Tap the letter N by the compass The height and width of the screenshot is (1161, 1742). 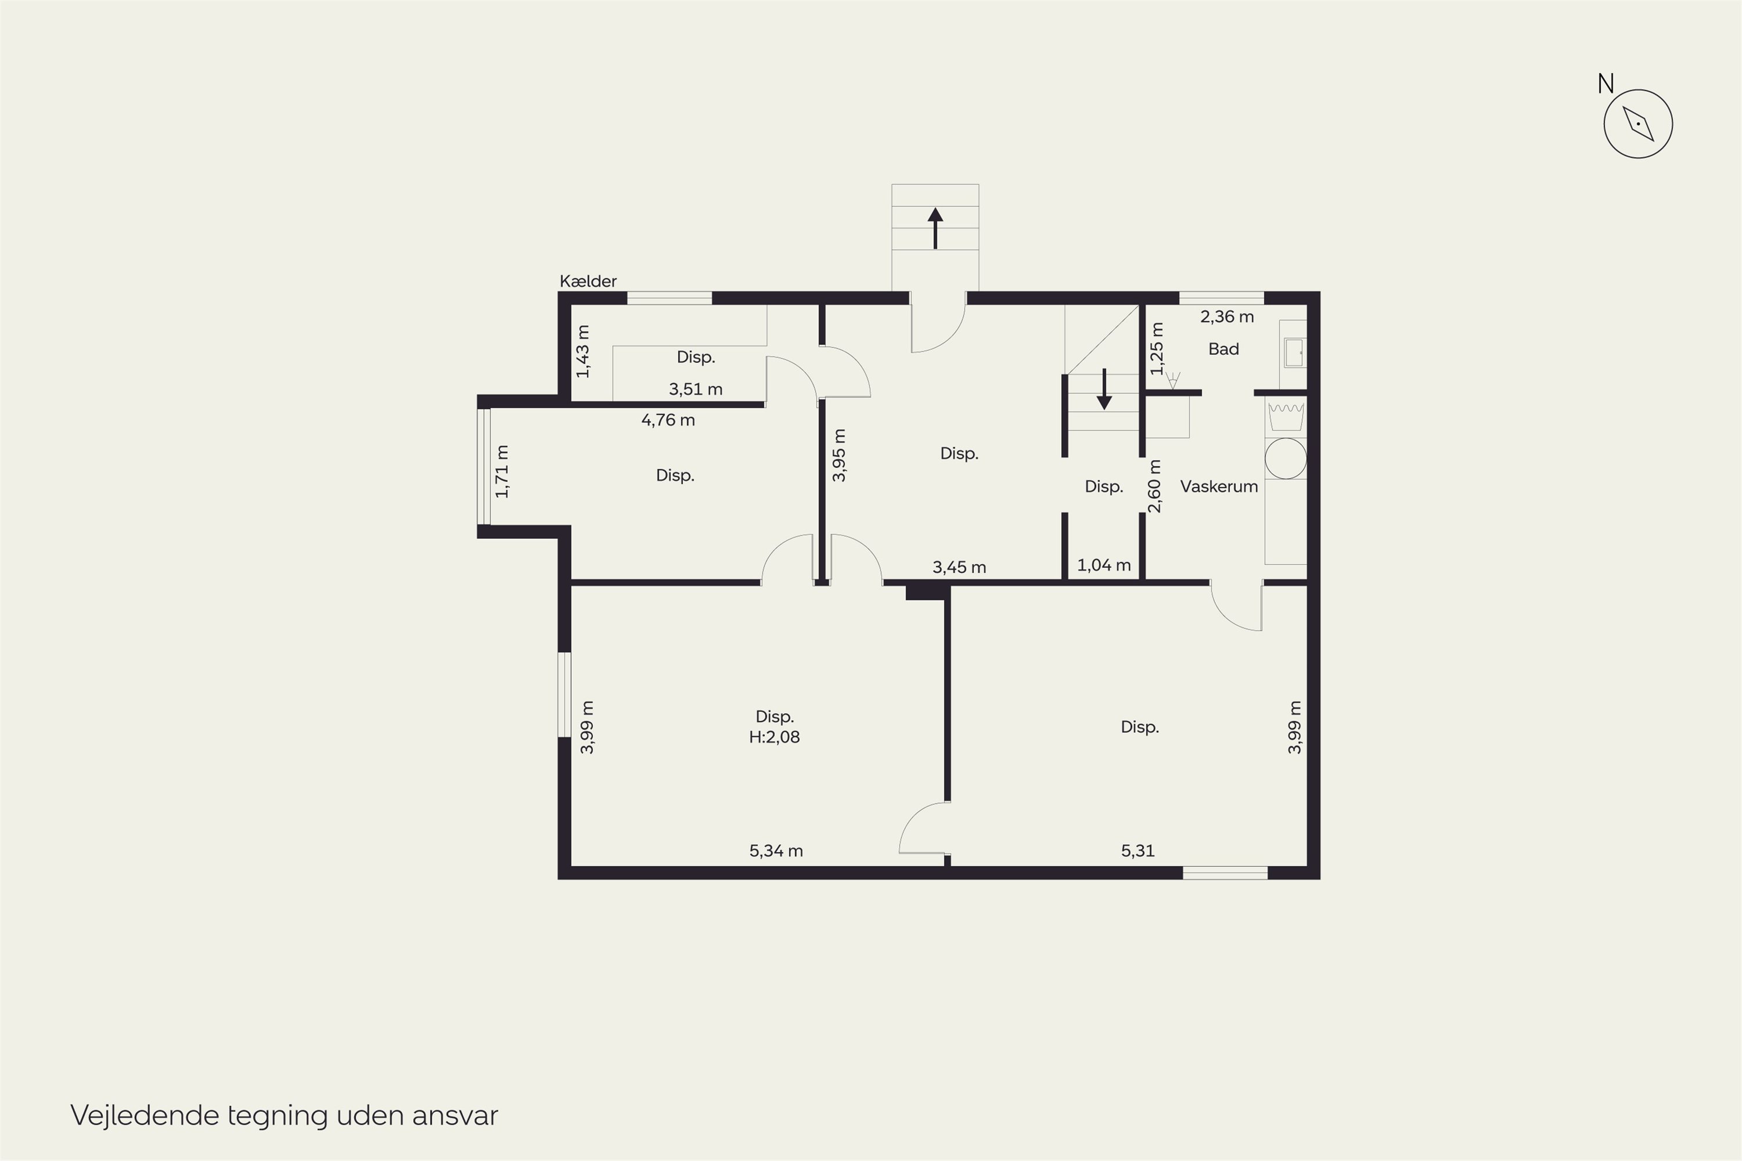click(x=1605, y=84)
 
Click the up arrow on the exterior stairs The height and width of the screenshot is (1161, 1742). click(x=935, y=228)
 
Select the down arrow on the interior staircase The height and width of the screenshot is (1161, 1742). click(x=1104, y=389)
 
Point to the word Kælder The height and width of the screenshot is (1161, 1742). click(x=588, y=282)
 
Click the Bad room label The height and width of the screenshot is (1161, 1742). click(x=1223, y=349)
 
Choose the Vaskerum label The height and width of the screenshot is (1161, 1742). click(x=1219, y=486)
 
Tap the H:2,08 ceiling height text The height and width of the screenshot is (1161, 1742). click(x=774, y=737)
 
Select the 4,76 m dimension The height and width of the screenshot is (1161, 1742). click(x=668, y=420)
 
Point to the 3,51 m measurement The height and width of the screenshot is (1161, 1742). click(x=696, y=389)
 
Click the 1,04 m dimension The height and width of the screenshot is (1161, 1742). click(x=1104, y=565)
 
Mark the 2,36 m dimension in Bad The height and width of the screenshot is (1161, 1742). click(x=1228, y=317)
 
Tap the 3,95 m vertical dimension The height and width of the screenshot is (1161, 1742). click(x=839, y=455)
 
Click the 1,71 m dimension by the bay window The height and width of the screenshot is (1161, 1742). click(x=502, y=471)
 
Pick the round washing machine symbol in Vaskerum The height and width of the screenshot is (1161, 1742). click(x=1286, y=459)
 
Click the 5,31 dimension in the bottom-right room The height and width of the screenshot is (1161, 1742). click(x=1138, y=851)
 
